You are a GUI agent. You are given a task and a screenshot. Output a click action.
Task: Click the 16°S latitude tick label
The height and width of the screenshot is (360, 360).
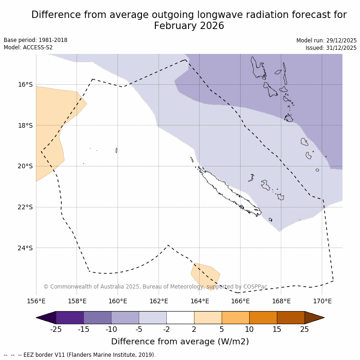pyautogui.click(x=25, y=84)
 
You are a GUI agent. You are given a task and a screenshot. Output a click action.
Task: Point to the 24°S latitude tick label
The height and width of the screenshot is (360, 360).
pyautogui.click(x=25, y=248)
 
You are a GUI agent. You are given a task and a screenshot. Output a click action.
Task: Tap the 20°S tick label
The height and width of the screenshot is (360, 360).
pyautogui.click(x=25, y=166)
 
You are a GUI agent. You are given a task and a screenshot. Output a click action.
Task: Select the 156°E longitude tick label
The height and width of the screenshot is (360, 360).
pyautogui.click(x=36, y=301)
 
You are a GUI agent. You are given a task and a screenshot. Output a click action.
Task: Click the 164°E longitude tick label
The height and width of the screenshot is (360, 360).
pyautogui.click(x=200, y=301)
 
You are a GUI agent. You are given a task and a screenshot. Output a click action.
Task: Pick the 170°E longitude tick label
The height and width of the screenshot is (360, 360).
pyautogui.click(x=322, y=301)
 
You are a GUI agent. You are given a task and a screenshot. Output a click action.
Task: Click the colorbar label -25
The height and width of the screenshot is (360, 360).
pyautogui.click(x=56, y=329)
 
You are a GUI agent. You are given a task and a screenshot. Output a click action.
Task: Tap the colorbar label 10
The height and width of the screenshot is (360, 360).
pyautogui.click(x=249, y=329)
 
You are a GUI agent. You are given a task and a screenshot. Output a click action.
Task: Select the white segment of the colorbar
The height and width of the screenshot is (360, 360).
pyautogui.click(x=180, y=318)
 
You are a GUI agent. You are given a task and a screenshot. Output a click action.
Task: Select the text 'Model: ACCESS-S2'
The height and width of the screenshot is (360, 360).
pyautogui.click(x=28, y=47)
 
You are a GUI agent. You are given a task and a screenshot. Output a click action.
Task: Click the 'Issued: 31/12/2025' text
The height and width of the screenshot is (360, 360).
pyautogui.click(x=331, y=47)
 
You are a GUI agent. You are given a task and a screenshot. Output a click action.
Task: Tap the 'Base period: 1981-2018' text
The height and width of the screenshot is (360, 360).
pyautogui.click(x=35, y=40)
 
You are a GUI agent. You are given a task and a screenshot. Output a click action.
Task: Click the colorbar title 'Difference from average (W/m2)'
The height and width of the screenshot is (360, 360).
pyautogui.click(x=180, y=342)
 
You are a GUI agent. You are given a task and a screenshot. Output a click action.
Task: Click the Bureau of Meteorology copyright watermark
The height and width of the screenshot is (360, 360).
pyautogui.click(x=155, y=287)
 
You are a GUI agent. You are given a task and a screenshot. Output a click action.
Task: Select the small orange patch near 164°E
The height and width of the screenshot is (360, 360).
pyautogui.click(x=206, y=275)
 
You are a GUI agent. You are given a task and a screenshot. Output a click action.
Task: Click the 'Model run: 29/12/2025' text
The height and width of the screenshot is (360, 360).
pyautogui.click(x=326, y=40)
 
